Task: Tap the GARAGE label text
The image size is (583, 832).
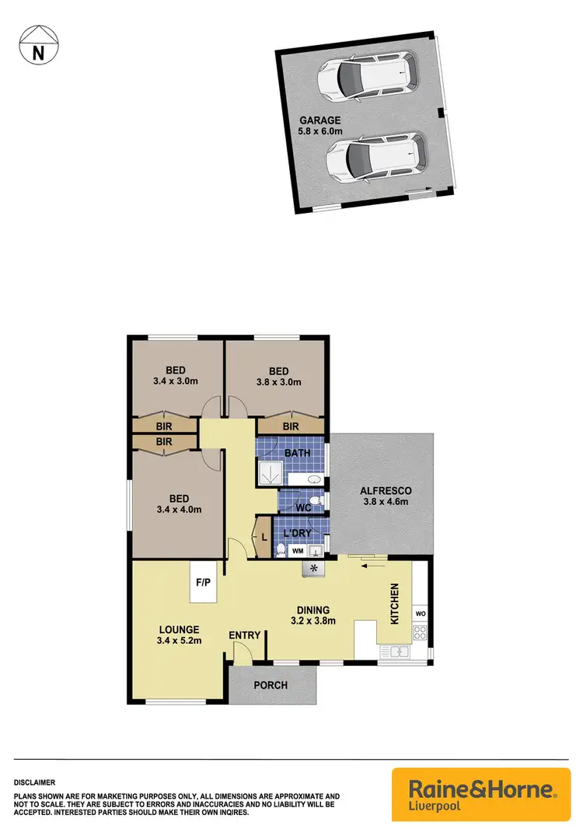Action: click(x=320, y=121)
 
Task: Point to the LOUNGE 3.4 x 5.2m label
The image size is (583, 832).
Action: click(x=179, y=635)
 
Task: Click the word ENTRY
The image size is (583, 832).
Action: click(x=244, y=635)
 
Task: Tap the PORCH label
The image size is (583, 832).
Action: click(x=271, y=685)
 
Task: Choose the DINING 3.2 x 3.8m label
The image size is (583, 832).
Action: click(x=311, y=615)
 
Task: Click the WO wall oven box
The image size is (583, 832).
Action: click(x=421, y=613)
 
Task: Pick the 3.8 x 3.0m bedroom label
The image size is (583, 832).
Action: click(x=278, y=376)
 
